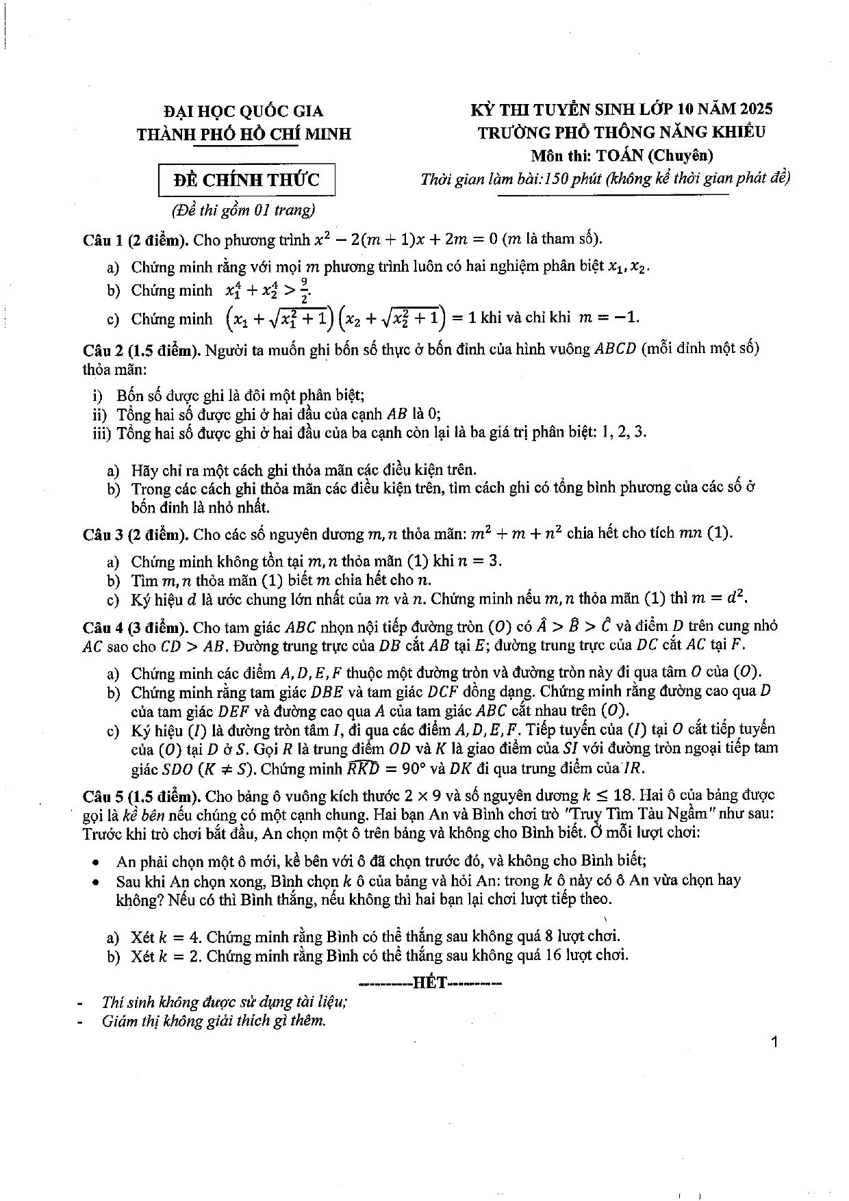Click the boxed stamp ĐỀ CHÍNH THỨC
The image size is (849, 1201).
point(246,180)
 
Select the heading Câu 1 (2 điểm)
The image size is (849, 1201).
point(136,240)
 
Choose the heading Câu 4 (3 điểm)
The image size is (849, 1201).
point(136,627)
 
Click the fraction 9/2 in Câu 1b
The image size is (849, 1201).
point(303,290)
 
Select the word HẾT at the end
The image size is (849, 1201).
point(431,983)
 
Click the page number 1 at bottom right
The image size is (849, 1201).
point(774,1042)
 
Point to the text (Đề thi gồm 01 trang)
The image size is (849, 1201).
point(238,209)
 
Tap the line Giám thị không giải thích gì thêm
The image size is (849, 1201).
point(213,1021)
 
